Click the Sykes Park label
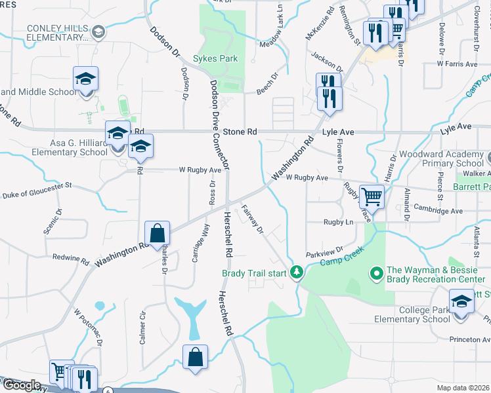click(215, 58)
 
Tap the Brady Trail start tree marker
click(297, 272)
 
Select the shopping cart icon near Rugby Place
click(372, 196)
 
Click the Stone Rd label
click(240, 132)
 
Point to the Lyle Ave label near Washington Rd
click(338, 132)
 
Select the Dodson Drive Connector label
click(218, 124)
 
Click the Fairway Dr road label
click(252, 219)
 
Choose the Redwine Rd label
click(70, 258)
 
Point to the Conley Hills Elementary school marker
click(98, 31)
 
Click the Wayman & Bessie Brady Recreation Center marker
click(377, 272)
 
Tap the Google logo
click(21, 385)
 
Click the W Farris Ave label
click(458, 64)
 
